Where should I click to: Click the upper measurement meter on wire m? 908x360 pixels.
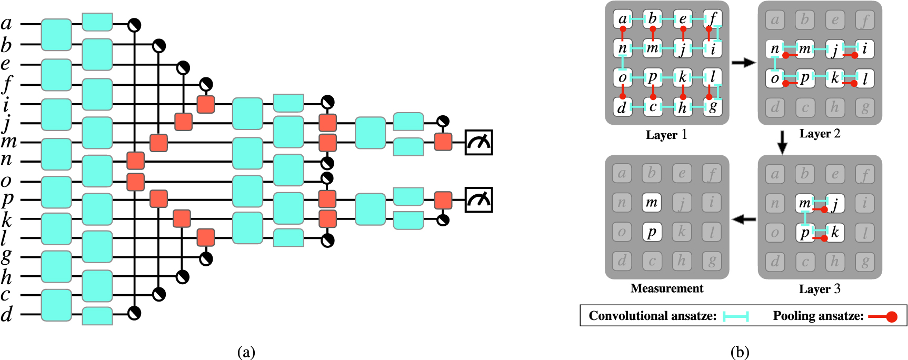tap(478, 143)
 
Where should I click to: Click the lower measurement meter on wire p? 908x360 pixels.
tap(478, 199)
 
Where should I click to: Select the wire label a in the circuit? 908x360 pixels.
tap(6, 23)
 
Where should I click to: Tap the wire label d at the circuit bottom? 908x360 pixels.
tap(6, 314)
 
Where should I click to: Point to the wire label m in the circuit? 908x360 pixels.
tap(8, 142)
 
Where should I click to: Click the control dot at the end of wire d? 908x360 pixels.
tap(135, 314)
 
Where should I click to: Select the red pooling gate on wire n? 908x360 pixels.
tap(136, 160)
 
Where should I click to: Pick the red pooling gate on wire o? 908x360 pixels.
tap(136, 182)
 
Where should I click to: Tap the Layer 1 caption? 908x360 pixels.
tap(666, 135)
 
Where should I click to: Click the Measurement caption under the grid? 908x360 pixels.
tap(666, 288)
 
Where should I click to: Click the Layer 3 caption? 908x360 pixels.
tap(820, 289)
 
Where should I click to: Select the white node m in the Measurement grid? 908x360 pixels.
tap(652, 203)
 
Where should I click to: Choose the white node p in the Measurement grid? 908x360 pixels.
tap(652, 232)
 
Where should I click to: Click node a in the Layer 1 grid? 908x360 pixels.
tap(623, 19)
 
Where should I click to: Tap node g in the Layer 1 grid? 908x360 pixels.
tap(713, 107)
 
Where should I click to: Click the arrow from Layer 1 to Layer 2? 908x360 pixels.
tap(743, 63)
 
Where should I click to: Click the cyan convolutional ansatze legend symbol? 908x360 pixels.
tap(735, 316)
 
